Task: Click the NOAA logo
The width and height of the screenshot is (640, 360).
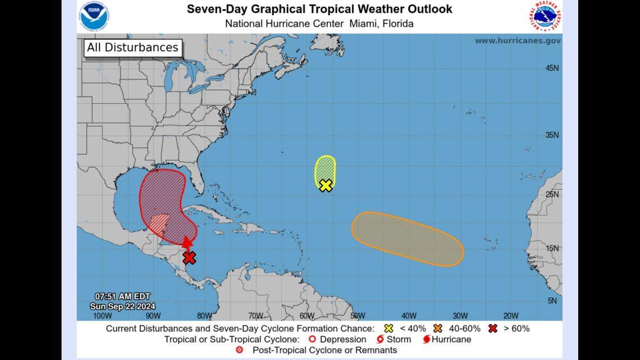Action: pos(94,16)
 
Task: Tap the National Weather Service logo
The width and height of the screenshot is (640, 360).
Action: pos(544,16)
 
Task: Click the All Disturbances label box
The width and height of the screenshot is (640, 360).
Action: pos(132,48)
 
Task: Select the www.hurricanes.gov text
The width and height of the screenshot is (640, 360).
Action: pos(517,41)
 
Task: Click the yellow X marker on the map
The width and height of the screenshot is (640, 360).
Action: pos(326,185)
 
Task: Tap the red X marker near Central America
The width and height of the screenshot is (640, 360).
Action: pos(189,258)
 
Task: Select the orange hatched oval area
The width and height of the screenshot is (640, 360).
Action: pos(407,239)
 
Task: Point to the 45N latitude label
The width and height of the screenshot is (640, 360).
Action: pos(552,68)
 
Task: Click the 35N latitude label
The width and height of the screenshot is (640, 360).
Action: pos(552,135)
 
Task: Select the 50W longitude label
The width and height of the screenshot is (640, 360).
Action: pos(357,316)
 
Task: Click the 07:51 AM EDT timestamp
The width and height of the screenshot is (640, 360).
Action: pos(122,297)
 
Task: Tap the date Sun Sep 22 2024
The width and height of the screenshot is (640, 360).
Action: pos(122,306)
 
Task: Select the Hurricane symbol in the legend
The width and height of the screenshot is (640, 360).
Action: pos(427,339)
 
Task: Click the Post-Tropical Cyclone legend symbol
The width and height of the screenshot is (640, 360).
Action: pos(240,350)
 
